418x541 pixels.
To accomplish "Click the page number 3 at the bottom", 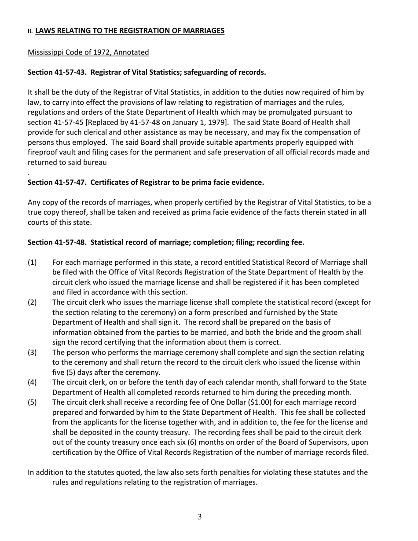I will [200, 517].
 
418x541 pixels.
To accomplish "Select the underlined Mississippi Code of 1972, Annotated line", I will [88, 52].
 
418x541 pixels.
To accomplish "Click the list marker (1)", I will [32, 263].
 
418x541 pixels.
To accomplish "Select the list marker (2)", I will [32, 303].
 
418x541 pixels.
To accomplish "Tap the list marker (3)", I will [32, 353].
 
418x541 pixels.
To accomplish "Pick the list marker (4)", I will [32, 383].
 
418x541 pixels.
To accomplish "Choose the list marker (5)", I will [32, 402].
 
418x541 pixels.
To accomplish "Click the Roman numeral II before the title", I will [30, 31].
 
